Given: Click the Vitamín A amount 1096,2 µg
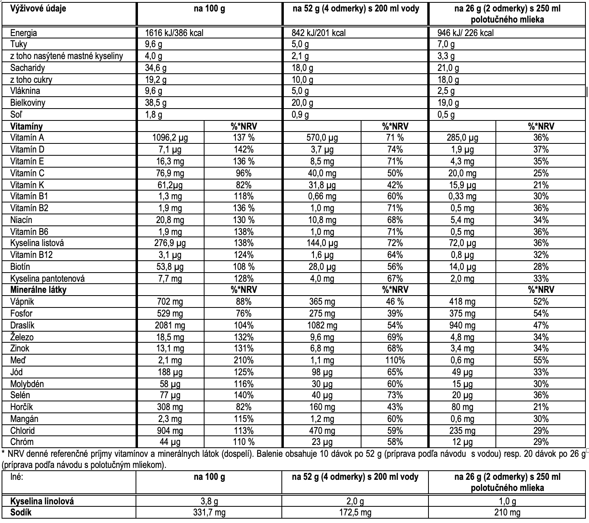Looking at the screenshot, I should pos(170,138).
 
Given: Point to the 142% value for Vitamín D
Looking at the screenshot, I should pos(243,149).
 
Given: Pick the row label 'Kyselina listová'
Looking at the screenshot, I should pos(37,243).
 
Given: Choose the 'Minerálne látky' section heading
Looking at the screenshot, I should pos(38,290).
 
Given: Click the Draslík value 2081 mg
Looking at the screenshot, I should pos(170,325).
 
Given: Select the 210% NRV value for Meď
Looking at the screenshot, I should pos(243,361).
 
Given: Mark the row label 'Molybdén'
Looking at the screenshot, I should pos(27,384).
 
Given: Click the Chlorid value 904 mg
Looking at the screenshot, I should pos(170,431).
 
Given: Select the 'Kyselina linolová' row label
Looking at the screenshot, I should pos(42,501).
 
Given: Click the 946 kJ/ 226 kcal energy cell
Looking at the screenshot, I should pos(466,33).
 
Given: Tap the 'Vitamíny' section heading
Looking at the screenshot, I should pos(27,126).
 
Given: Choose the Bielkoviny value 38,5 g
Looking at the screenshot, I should pos(156,103).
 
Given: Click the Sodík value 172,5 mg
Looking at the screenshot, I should pos(355,513).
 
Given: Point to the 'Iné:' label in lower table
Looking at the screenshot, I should pos(17,477).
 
